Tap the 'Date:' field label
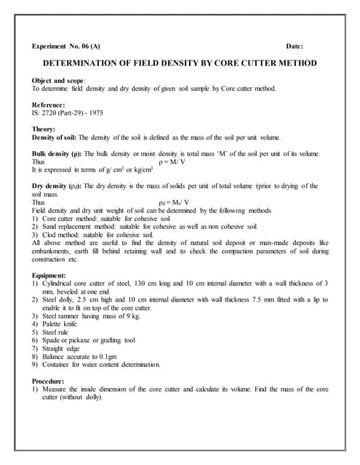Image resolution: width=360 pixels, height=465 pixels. tap(300, 46)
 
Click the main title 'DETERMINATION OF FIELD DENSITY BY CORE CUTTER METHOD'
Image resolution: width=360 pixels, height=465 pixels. tap(180, 63)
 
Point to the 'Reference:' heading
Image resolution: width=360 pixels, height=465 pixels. tap(53, 105)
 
